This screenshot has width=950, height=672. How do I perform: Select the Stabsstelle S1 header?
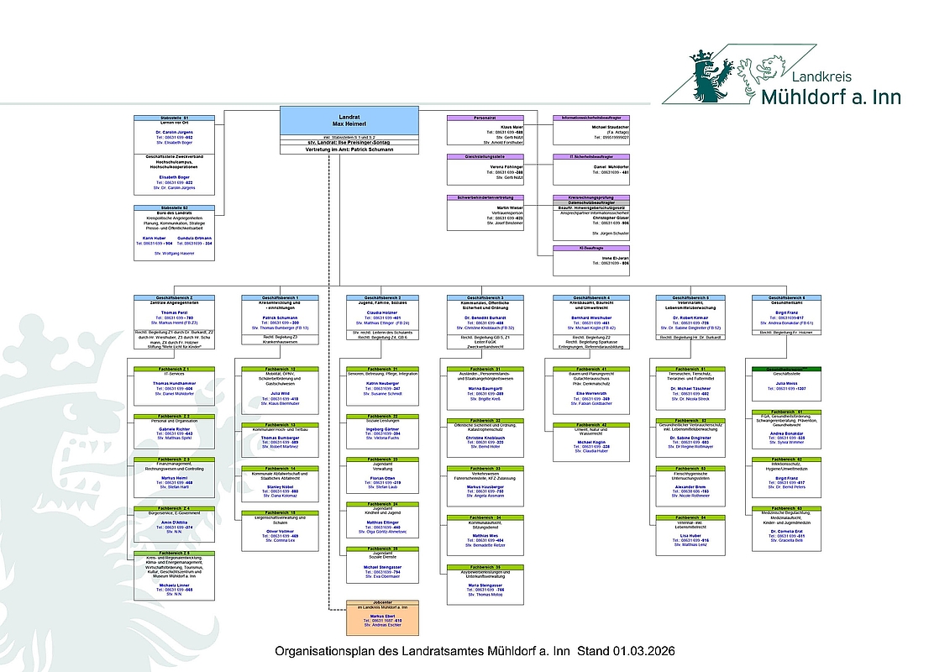pos(174,118)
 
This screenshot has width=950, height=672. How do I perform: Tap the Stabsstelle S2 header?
pos(174,207)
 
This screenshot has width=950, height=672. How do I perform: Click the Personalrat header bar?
pos(485,118)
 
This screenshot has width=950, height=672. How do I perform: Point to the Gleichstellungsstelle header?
pos(485,156)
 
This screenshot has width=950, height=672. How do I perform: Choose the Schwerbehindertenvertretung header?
pos(485,197)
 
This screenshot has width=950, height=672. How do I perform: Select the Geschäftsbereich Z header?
pos(174,298)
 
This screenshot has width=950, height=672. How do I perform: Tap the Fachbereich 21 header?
pos(383,368)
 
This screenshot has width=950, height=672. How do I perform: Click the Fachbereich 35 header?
pos(486,567)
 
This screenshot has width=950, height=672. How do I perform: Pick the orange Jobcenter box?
pos(383,619)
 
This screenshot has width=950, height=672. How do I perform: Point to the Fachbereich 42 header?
pos(591,426)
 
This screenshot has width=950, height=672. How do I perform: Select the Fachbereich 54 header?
pos(695,517)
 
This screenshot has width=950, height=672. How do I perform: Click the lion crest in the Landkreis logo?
pos(711,72)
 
